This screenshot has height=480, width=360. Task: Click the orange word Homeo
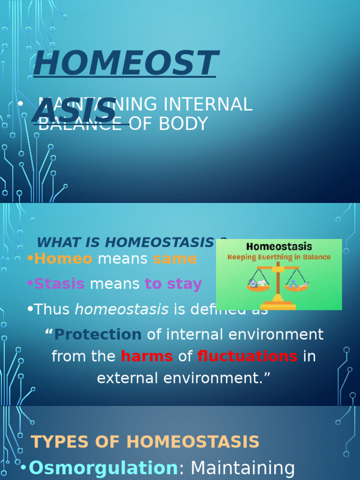63,259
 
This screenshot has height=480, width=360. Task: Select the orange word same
175,259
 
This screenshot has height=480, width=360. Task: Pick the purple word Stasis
60,284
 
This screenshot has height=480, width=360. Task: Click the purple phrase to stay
173,284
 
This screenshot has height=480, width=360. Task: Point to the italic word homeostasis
121,309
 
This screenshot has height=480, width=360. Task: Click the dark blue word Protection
98,335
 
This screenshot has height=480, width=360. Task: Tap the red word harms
147,357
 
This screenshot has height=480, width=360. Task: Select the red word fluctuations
247,357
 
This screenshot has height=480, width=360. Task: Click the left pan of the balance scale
258,286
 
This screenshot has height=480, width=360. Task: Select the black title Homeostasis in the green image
279,247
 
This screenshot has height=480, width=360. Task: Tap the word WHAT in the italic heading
54,242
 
